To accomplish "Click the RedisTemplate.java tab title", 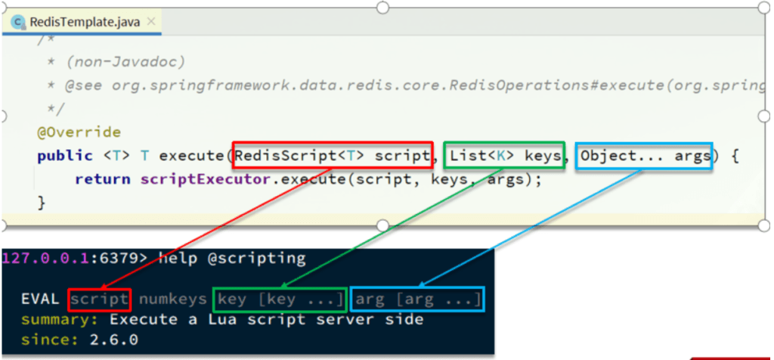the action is [x=85, y=22].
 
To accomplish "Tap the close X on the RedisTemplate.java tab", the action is [x=151, y=21].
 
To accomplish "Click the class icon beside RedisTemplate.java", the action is [x=18, y=22].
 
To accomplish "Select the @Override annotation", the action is [x=79, y=132].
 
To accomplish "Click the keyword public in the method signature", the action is [x=65, y=157].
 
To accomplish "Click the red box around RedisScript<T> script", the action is [x=333, y=143].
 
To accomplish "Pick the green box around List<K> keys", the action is [x=504, y=143].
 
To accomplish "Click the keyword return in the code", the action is [x=103, y=179].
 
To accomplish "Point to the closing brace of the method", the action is [x=42, y=203].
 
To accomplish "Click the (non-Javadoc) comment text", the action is [x=125, y=63].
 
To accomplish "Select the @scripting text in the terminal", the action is [x=256, y=258].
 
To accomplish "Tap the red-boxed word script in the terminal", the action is [x=99, y=299].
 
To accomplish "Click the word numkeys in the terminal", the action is [x=172, y=299].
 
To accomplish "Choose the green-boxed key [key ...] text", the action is [x=280, y=299].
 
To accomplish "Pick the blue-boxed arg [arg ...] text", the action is [x=417, y=299].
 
